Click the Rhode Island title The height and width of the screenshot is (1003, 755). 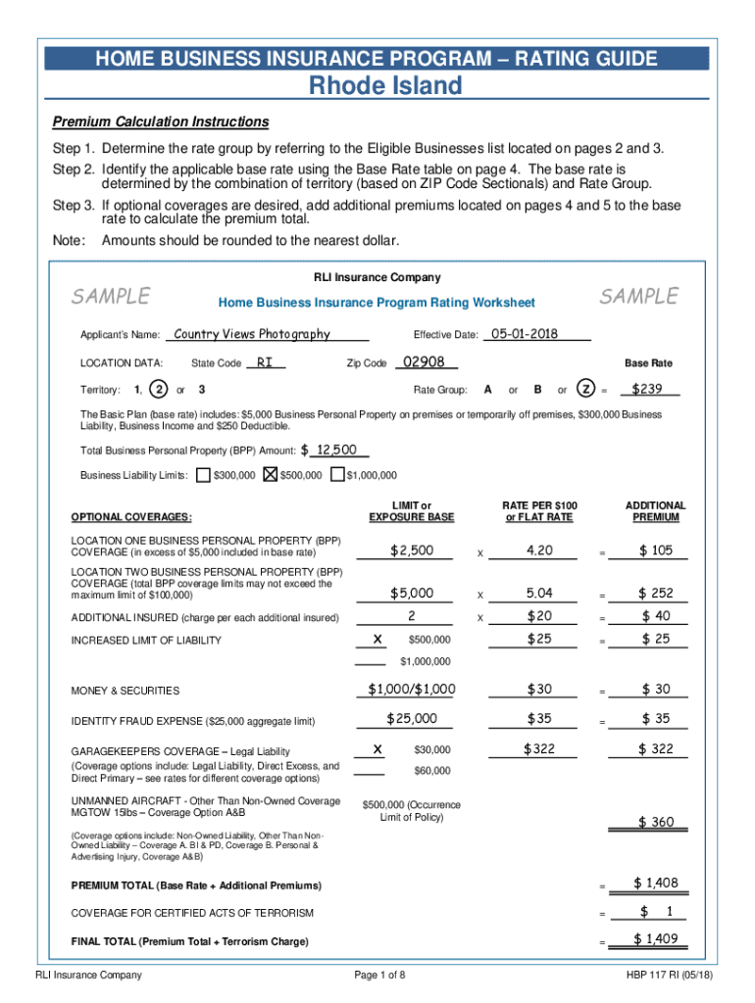coord(384,86)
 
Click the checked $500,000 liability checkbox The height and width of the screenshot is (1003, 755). coord(272,476)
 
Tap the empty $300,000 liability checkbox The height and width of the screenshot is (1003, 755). coord(203,476)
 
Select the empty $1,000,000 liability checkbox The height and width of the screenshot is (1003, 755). coord(337,476)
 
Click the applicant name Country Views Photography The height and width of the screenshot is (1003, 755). coord(251,334)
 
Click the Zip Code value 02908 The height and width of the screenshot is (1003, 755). coord(423,362)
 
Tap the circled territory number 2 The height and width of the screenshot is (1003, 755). coord(159,389)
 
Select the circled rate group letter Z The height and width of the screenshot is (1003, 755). coord(585,389)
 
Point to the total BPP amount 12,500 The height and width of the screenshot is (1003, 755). coord(334,450)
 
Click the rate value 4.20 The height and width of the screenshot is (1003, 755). coord(539,550)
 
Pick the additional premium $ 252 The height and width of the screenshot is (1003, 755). coord(656,593)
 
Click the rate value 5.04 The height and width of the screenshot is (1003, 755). coord(539,593)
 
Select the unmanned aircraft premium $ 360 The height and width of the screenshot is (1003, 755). coord(656,822)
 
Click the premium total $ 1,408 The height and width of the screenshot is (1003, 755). coord(655,884)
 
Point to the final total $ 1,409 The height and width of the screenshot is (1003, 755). coord(655,940)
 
